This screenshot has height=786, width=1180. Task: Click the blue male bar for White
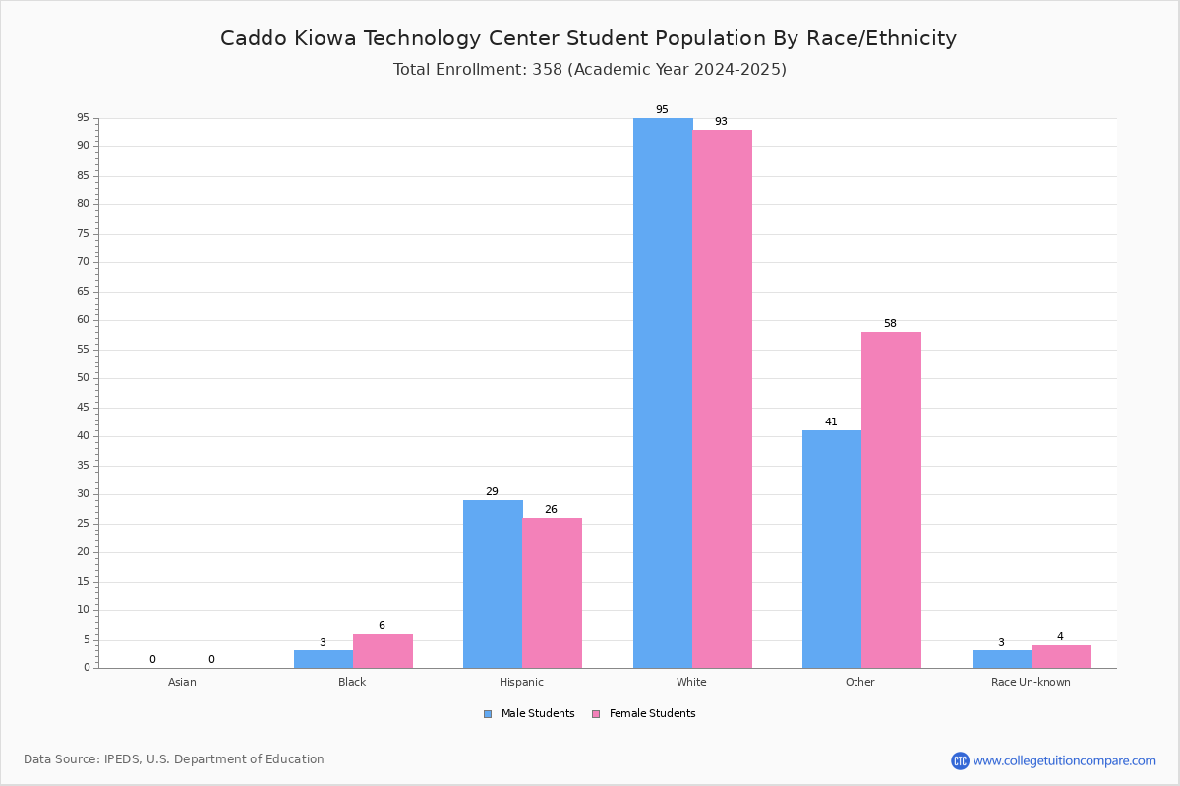click(x=663, y=393)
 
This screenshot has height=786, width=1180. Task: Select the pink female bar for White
click(x=722, y=399)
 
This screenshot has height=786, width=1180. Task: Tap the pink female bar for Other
click(x=891, y=500)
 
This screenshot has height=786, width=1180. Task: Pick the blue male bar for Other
click(x=832, y=549)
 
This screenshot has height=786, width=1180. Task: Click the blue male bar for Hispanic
click(x=493, y=585)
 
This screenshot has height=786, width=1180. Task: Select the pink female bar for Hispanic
click(x=552, y=593)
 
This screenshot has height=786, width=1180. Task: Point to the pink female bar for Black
click(x=383, y=651)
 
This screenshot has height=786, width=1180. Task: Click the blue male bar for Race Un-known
click(x=1002, y=659)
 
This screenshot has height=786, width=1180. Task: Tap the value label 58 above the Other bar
click(x=890, y=324)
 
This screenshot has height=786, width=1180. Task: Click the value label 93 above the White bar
click(x=721, y=121)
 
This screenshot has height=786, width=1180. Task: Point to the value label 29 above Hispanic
click(x=492, y=491)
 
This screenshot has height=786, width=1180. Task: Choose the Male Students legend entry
click(x=529, y=714)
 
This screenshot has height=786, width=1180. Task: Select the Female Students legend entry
click(x=644, y=714)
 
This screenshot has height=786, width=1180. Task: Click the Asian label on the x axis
click(x=182, y=682)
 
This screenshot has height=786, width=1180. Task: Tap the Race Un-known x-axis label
click(x=1031, y=682)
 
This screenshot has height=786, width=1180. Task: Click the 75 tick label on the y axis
click(x=84, y=233)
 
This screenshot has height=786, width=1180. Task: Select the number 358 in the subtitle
click(x=548, y=69)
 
